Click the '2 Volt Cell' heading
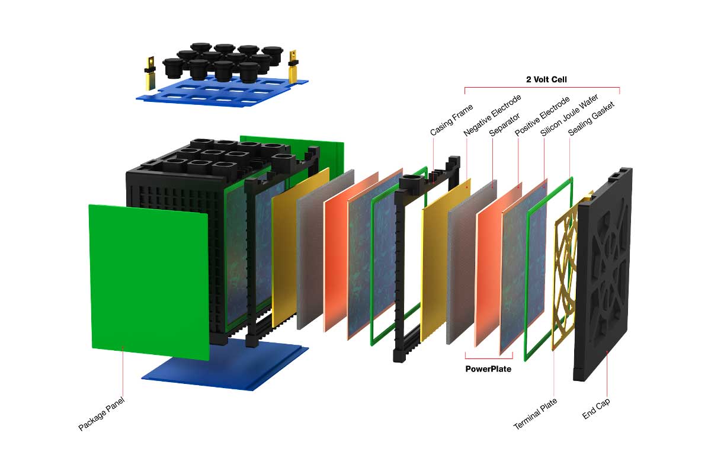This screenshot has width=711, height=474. [542, 78]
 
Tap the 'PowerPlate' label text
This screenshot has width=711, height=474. [488, 369]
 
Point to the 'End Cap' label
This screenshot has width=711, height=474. [596, 408]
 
